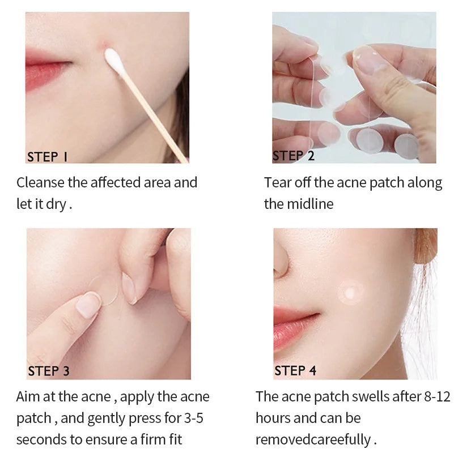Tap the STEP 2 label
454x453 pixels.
(x=294, y=156)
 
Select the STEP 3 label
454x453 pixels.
(x=49, y=371)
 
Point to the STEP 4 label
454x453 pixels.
(x=295, y=371)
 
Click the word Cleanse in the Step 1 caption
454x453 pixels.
(x=41, y=182)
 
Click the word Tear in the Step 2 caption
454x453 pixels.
(x=276, y=182)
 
